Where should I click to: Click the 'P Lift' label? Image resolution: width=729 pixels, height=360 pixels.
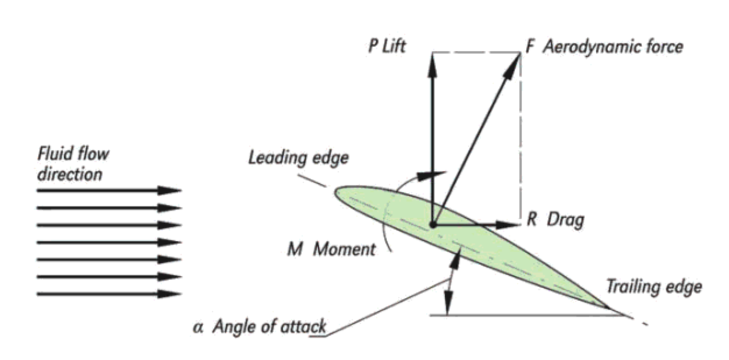coord(387,47)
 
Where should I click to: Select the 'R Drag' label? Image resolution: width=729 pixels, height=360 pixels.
coord(555,220)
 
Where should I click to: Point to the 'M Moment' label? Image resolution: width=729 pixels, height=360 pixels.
coord(331,249)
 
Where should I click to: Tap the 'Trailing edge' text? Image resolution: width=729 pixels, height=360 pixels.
coord(654,287)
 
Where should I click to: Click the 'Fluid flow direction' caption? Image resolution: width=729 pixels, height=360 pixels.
coord(73,164)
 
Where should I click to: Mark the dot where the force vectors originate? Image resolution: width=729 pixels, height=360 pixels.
coord(433,224)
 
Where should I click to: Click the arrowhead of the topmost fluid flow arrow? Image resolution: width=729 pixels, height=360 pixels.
coord(171,190)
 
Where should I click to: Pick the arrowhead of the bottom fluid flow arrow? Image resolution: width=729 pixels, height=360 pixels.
coord(171,294)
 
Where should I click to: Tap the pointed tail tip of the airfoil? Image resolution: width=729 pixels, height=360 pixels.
coord(609,307)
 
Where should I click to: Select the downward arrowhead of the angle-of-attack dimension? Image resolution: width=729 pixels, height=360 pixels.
coord(448,305)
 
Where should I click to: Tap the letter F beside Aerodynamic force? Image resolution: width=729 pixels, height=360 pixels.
coord(530,46)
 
